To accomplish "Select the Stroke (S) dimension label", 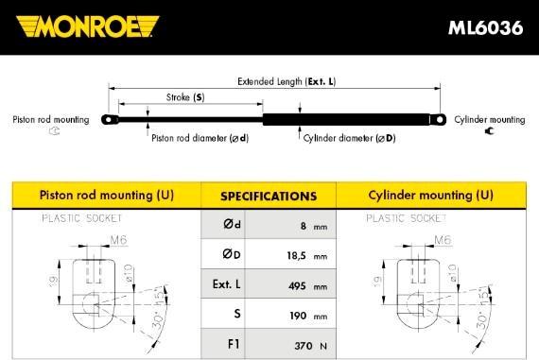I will click(x=185, y=97).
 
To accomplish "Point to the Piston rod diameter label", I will click(x=200, y=138).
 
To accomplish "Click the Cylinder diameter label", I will click(x=349, y=138).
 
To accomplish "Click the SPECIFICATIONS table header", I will click(x=268, y=197).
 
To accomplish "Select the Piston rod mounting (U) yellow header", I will click(x=106, y=196).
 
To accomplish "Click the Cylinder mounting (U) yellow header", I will click(x=431, y=196).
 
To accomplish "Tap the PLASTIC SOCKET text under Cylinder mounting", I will click(x=404, y=218).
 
